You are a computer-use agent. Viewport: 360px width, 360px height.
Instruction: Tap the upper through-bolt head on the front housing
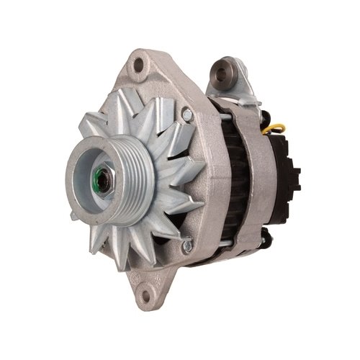pyautogui.click(x=186, y=114)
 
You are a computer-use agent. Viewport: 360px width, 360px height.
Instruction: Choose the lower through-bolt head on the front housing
pyautogui.click(x=186, y=245)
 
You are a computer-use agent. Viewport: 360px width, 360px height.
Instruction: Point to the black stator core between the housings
pyautogui.click(x=229, y=180)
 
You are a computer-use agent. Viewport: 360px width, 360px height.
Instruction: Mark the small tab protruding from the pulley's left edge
pyautogui.click(x=74, y=215)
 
